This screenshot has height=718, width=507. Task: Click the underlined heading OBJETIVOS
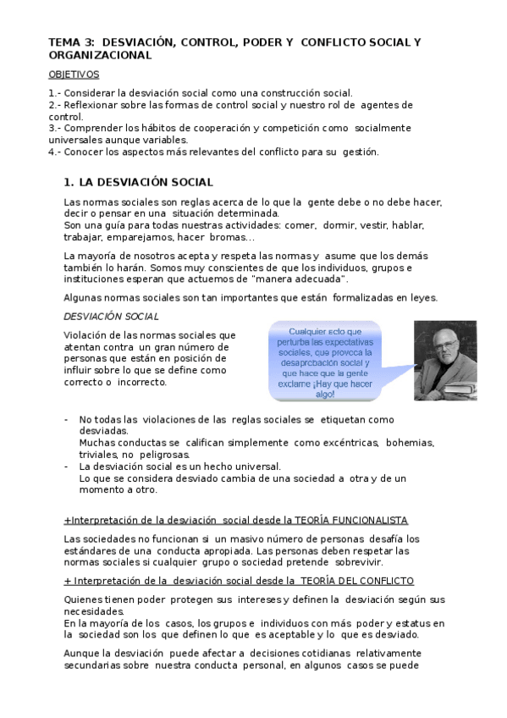(74, 75)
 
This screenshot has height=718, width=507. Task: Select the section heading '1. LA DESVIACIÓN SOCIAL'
(138, 182)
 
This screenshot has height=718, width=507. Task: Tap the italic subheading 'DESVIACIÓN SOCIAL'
(112, 316)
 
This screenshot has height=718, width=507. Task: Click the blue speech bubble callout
(324, 362)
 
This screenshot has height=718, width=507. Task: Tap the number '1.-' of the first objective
(54, 93)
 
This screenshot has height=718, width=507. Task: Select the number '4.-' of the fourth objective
(54, 152)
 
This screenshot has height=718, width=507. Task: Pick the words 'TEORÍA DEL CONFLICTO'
(355, 581)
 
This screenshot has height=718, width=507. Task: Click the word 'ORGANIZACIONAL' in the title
(100, 55)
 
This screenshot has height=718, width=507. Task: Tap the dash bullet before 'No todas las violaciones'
(67, 420)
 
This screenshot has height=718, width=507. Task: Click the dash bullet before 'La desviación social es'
(67, 467)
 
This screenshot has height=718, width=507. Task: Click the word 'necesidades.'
(94, 611)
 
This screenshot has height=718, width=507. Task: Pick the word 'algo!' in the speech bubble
(324, 394)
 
